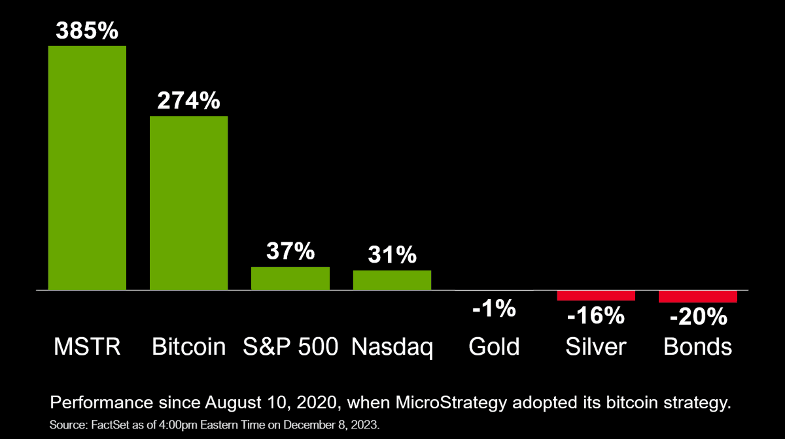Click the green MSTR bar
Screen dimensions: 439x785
(x=87, y=167)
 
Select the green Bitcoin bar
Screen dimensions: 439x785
(x=188, y=203)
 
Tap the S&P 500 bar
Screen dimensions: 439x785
(x=290, y=278)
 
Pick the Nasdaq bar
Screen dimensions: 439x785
(x=392, y=280)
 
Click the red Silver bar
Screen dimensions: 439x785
(x=596, y=295)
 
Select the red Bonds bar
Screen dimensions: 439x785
(x=698, y=297)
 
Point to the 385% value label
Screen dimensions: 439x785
(x=87, y=30)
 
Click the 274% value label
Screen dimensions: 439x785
(x=188, y=101)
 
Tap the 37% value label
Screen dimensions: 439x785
(x=290, y=252)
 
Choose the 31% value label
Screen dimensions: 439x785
(x=392, y=255)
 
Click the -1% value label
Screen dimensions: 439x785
(x=494, y=308)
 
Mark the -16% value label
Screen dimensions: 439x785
(x=596, y=316)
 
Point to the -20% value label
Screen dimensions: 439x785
(x=698, y=317)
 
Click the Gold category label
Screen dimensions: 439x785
(x=494, y=346)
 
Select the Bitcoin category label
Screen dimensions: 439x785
(x=188, y=346)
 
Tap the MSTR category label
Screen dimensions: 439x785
(x=87, y=346)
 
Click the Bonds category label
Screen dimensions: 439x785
(x=698, y=346)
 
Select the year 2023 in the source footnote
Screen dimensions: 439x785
(x=366, y=424)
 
